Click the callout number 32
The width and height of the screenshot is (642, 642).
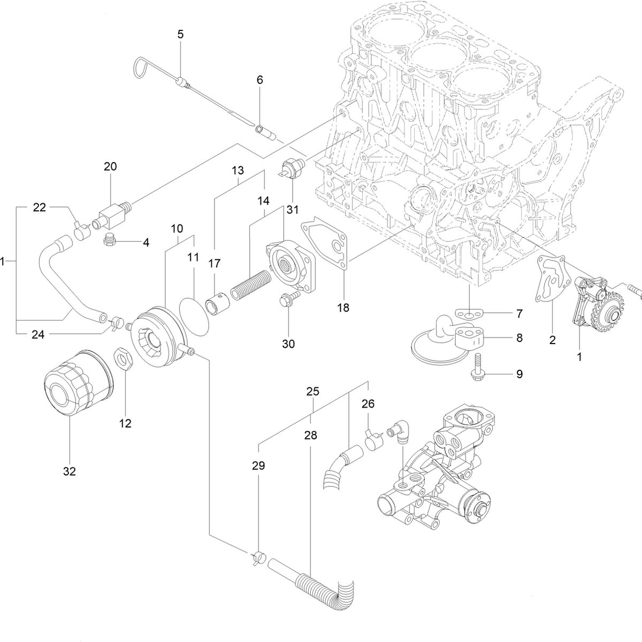coord(70,471)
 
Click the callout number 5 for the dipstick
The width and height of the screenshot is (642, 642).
coord(180,34)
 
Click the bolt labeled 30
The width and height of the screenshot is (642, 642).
coord(285,301)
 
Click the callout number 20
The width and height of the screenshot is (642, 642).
coord(110,166)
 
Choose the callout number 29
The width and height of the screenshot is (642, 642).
coord(258,466)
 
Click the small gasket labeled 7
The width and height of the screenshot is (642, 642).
coord(469,313)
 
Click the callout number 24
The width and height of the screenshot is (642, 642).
coord(37,334)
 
